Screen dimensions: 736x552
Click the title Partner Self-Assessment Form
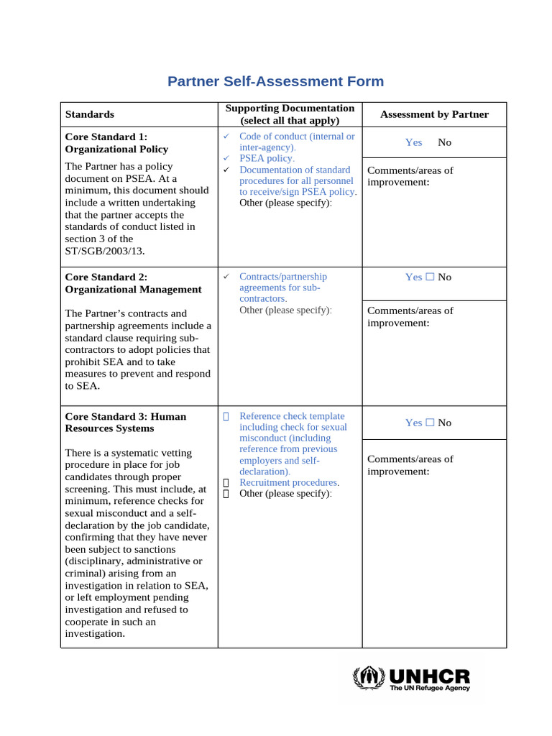(x=275, y=81)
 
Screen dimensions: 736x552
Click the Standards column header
(x=90, y=114)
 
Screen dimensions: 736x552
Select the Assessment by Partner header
(x=434, y=114)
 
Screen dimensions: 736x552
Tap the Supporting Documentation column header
(x=290, y=114)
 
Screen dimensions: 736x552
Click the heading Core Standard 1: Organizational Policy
(x=116, y=143)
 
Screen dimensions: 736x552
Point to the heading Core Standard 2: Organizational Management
(x=133, y=283)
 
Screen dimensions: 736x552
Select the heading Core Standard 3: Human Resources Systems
(x=125, y=422)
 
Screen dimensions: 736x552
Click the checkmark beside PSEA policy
(x=225, y=158)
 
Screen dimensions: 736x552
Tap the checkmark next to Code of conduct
(x=225, y=137)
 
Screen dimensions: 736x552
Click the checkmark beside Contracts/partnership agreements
(x=225, y=277)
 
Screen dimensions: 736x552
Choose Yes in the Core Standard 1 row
(x=413, y=142)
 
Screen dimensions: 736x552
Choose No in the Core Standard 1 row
(x=444, y=142)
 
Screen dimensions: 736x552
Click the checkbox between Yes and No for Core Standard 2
(x=430, y=277)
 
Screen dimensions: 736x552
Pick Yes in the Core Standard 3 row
(x=413, y=423)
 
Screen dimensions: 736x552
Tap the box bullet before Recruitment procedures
(x=226, y=483)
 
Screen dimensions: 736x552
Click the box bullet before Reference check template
(x=226, y=416)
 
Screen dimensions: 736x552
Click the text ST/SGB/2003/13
(x=104, y=251)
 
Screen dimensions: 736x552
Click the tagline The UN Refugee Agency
(x=429, y=688)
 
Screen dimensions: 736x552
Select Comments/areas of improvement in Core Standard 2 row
(x=410, y=317)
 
